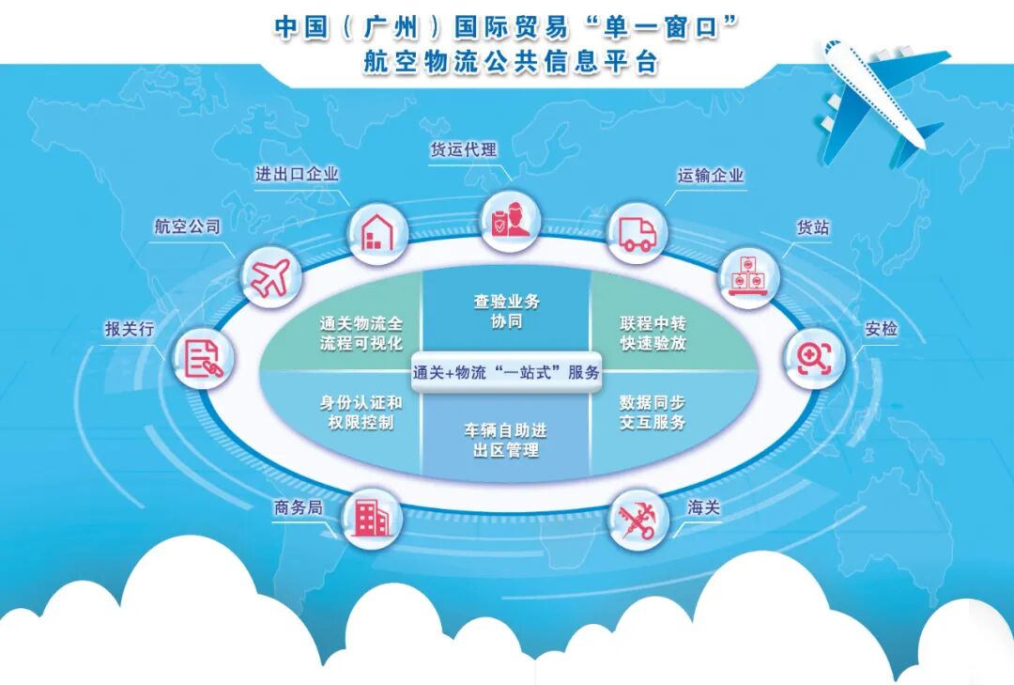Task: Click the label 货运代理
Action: tap(463, 150)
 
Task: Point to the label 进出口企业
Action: tap(298, 174)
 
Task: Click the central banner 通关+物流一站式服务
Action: tap(506, 371)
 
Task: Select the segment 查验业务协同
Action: tap(506, 311)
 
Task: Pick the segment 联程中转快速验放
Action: tap(653, 332)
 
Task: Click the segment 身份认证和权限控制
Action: tap(361, 413)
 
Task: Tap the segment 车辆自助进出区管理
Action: tap(506, 439)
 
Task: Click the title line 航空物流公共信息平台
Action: tap(507, 62)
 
